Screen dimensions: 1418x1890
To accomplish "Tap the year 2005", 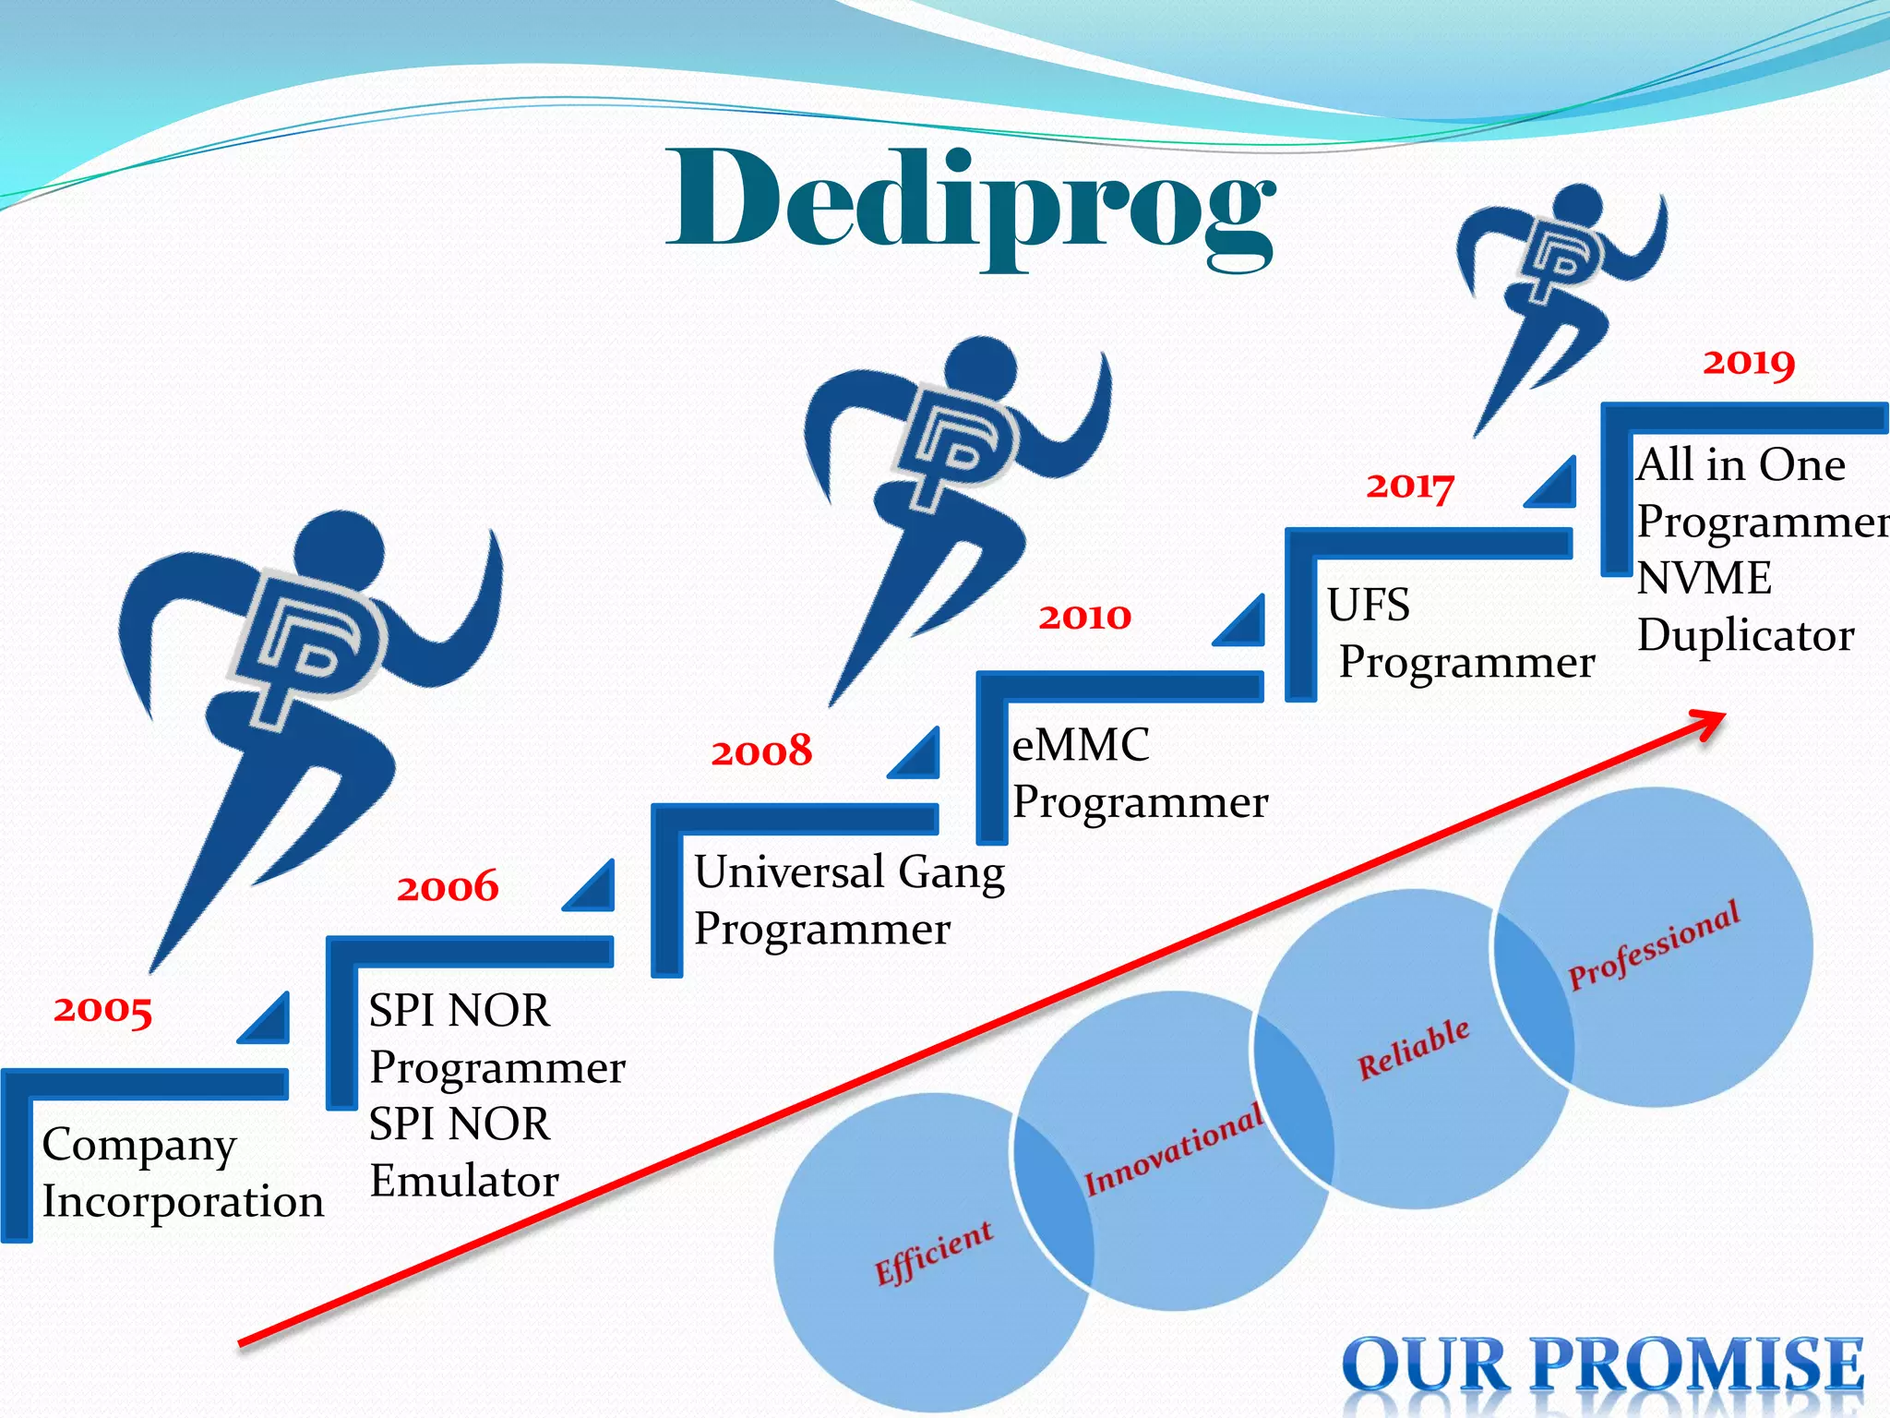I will point(102,1009).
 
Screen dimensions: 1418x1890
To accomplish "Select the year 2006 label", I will point(448,887).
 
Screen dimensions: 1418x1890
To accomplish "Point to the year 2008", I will point(761,751).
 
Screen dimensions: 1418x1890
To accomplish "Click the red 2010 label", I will point(1084,617).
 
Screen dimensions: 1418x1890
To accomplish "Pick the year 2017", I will point(1409,486).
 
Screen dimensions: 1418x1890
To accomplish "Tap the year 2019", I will point(1749,362).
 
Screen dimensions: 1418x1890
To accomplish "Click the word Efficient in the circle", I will point(934,1253).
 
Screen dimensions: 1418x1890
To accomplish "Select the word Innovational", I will point(1173,1149).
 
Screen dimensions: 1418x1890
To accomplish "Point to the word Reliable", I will point(1413,1050).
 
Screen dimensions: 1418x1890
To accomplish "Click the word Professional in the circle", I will point(1654,944).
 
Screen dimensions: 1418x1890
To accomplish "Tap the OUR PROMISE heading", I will point(1603,1364).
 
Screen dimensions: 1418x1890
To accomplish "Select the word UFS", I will point(1369,606).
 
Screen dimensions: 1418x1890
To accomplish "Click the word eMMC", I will point(1081,745).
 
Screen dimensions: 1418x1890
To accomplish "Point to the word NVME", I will point(1704,579).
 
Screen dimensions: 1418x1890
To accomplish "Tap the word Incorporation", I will point(183,1202).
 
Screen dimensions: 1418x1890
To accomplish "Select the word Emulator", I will point(464,1181).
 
